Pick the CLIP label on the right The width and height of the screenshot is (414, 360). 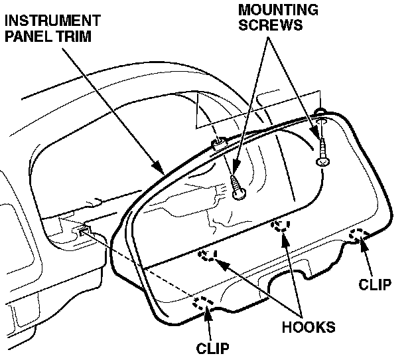pos(374,284)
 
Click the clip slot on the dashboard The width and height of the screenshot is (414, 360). pos(82,230)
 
